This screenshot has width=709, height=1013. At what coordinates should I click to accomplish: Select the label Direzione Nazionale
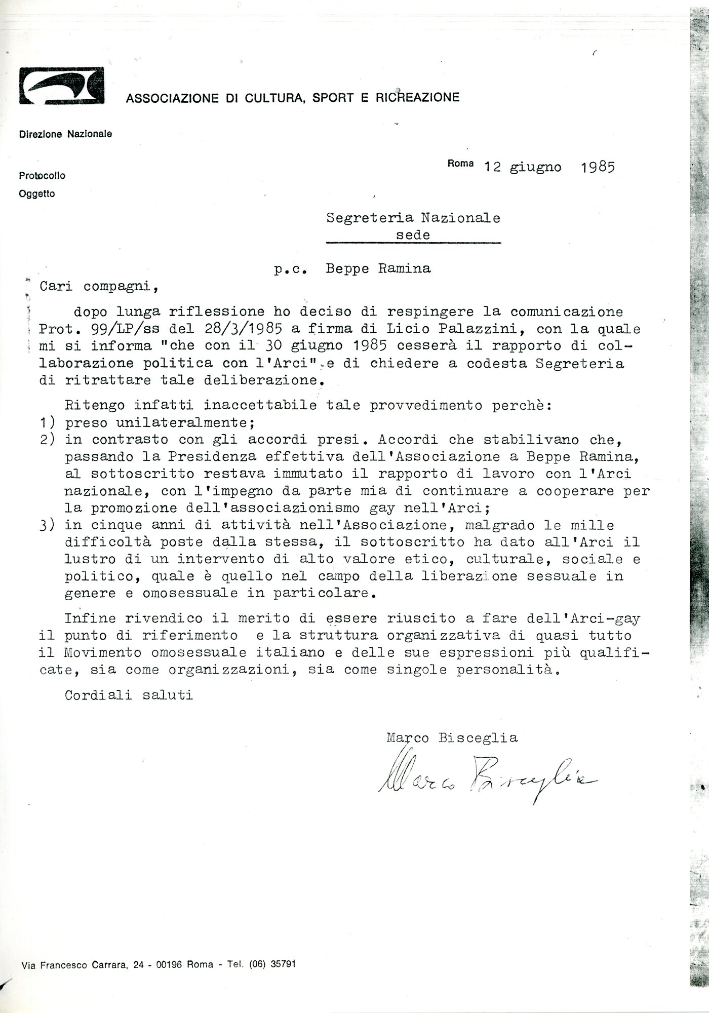65,134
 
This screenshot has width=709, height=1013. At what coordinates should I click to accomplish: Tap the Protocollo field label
42,176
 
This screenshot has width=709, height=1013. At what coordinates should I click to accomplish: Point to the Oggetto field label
36,193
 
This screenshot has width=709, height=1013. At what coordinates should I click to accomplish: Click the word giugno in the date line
536,167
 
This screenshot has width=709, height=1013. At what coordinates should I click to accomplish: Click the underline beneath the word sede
413,244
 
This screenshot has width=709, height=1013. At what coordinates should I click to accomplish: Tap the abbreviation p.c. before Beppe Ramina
291,269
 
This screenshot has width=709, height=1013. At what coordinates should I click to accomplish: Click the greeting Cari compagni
99,286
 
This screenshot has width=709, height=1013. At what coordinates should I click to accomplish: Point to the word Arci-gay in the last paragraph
606,618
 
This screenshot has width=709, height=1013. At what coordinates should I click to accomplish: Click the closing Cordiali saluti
129,695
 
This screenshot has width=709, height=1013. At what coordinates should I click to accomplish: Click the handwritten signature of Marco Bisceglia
486,780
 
